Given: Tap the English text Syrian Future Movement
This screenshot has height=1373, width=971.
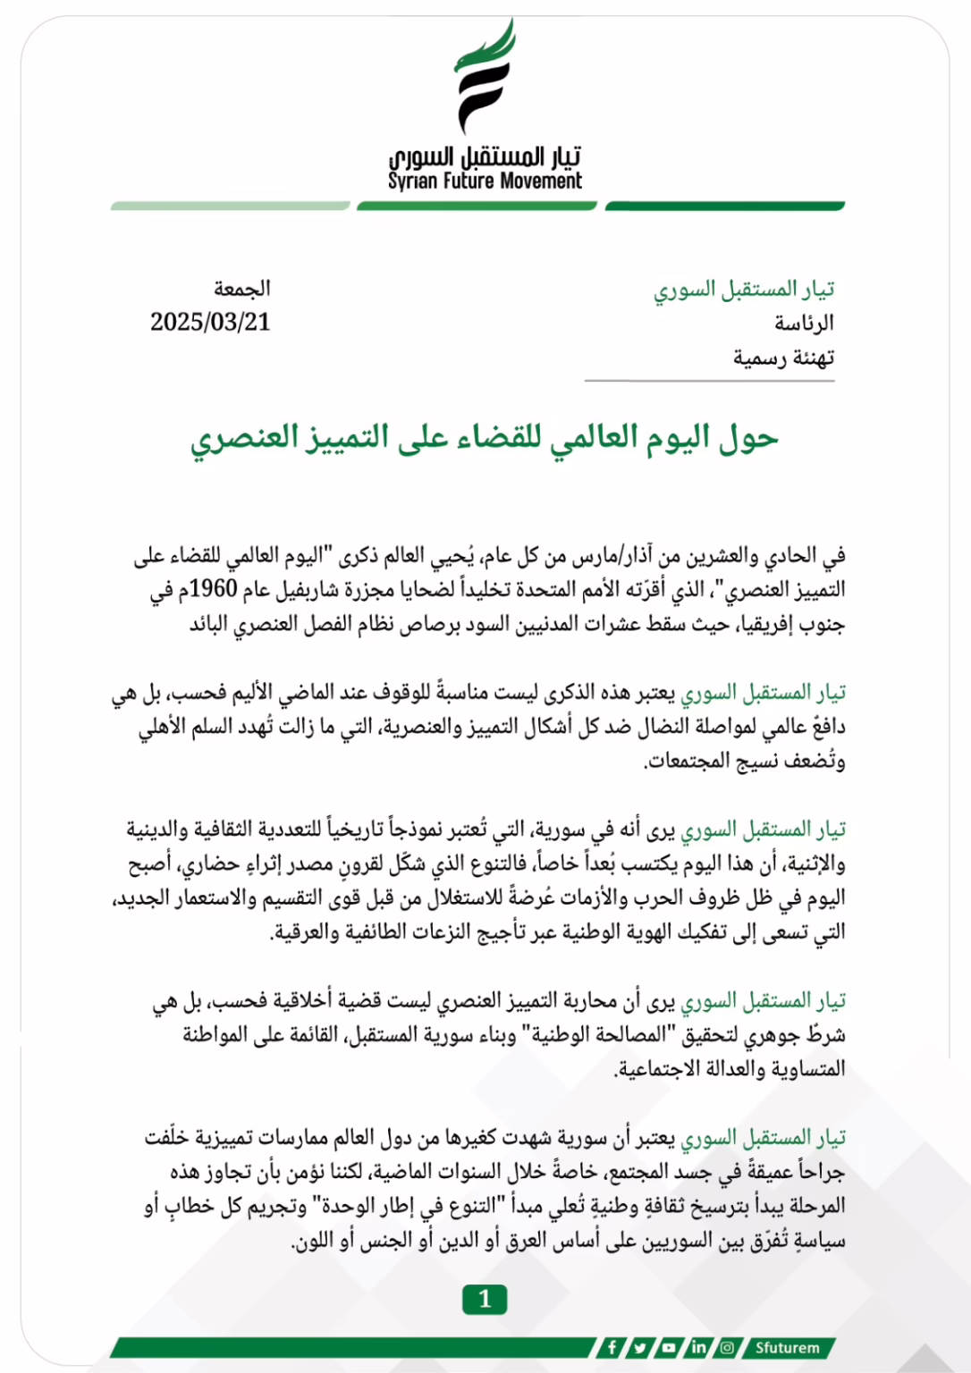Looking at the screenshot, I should click(485, 181).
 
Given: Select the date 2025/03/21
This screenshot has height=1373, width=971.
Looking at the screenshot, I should click(210, 322).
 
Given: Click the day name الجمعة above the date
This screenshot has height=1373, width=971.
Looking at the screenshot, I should click(241, 288).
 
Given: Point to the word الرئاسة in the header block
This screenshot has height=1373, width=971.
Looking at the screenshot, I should click(804, 323).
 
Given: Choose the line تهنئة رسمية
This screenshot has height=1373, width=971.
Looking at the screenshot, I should click(784, 358).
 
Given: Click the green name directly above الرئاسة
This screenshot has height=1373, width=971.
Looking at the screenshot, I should click(744, 289).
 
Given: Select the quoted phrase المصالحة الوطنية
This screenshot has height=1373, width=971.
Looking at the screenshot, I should click(599, 1034).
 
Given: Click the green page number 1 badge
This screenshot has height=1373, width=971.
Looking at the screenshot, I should click(485, 1299).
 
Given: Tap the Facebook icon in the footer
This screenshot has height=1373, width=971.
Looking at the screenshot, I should click(612, 1347).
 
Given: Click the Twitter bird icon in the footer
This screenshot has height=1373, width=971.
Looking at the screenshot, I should click(640, 1347).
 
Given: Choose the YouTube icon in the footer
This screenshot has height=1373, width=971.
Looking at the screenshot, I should click(669, 1347).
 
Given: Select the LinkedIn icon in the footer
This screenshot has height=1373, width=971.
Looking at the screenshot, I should click(698, 1347).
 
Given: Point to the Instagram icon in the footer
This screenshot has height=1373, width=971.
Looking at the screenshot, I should click(727, 1347).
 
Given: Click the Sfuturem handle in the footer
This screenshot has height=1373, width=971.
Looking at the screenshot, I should click(787, 1347).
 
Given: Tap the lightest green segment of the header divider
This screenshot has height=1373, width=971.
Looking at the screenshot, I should click(230, 206).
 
